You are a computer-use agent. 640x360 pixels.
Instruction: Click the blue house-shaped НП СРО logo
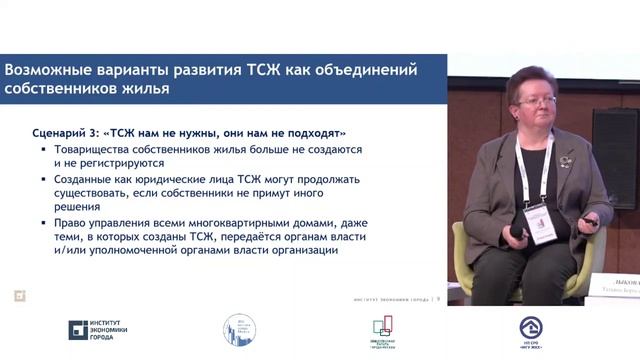(531, 328)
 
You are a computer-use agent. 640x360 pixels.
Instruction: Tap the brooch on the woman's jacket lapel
(567, 161)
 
